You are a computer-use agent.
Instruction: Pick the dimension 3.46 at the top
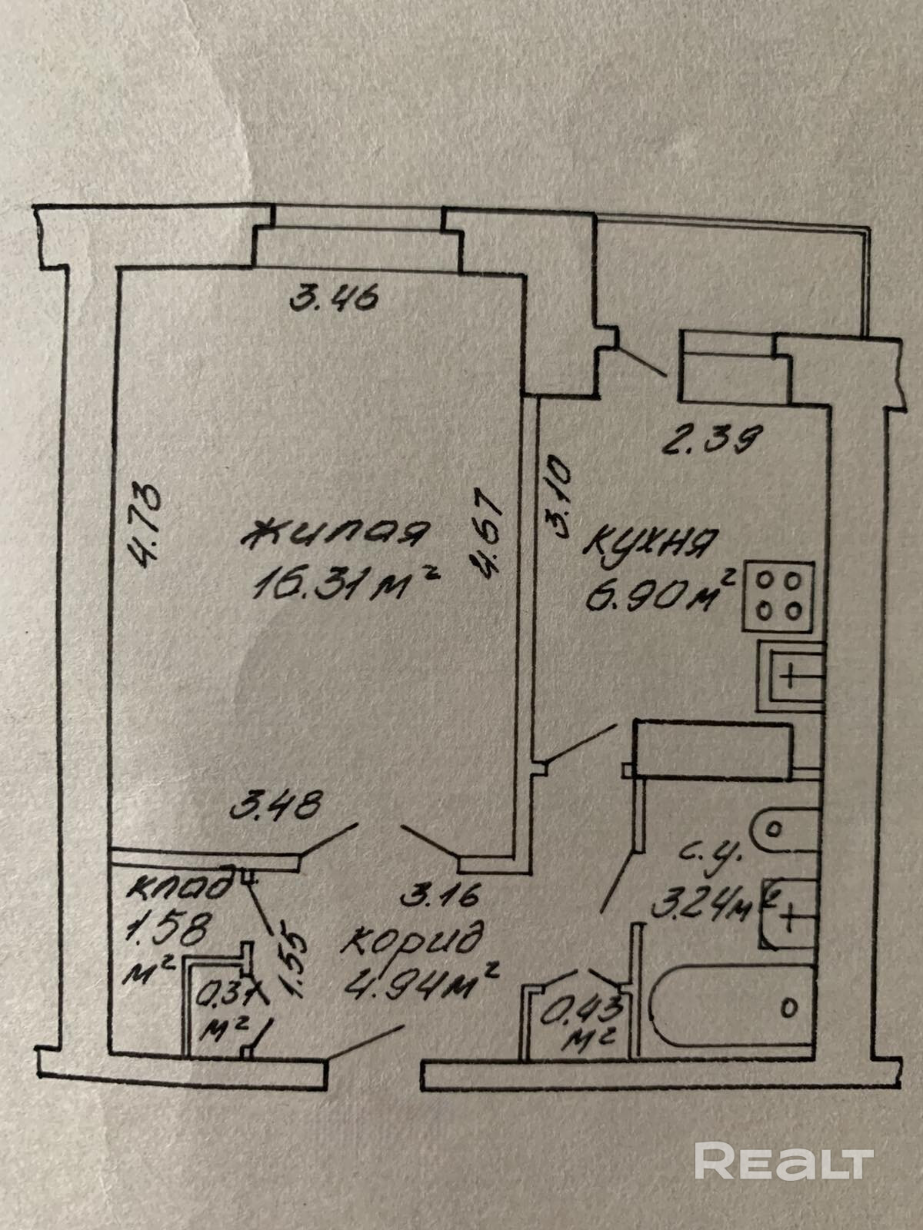[334, 297]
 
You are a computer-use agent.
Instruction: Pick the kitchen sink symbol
[792, 676]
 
